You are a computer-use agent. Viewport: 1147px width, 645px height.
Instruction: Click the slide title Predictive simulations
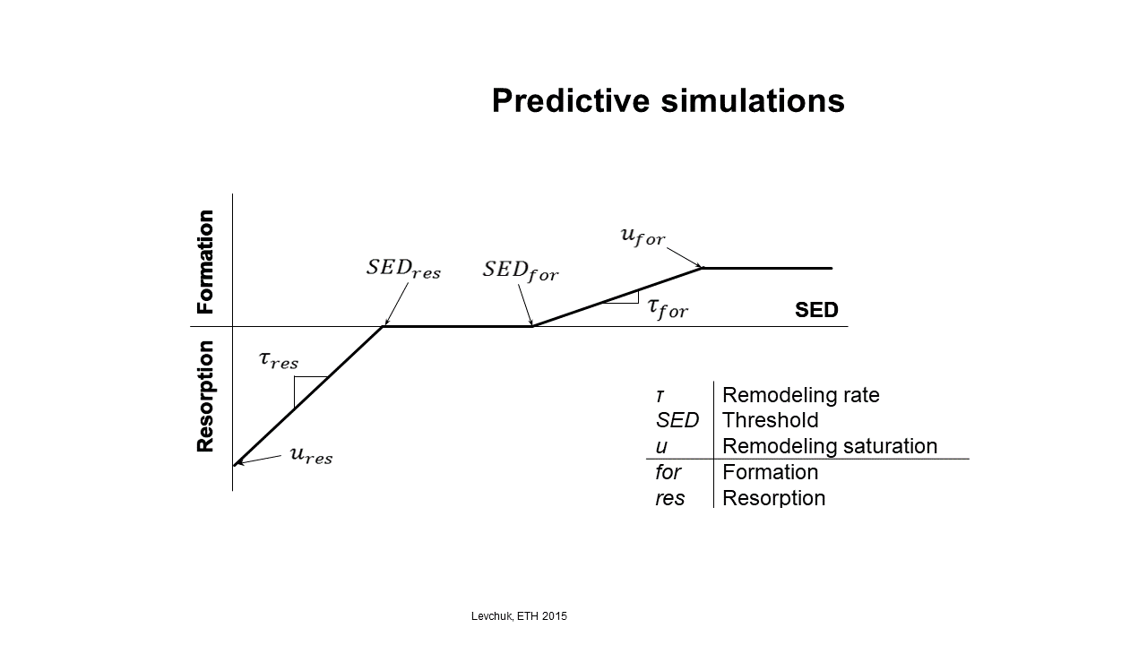[668, 100]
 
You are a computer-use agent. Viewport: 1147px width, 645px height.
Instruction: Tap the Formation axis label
[205, 262]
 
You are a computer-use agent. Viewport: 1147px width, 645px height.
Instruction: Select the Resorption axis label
[205, 396]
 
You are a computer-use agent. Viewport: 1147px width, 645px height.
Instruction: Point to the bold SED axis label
[816, 310]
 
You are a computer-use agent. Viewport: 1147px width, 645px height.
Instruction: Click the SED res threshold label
[403, 269]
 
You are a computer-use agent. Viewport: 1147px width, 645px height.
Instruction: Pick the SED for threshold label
[521, 271]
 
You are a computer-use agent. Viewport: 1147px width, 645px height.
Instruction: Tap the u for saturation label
[642, 236]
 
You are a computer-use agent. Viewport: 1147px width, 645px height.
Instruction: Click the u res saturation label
[311, 455]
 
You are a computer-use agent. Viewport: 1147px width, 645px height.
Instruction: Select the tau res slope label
[279, 360]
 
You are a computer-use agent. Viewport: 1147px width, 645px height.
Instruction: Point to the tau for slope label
[668, 308]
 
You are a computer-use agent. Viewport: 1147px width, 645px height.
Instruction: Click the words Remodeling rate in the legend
[801, 395]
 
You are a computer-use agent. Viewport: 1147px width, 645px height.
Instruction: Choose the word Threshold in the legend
[770, 420]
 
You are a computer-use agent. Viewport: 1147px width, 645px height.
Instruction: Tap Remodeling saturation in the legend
[830, 446]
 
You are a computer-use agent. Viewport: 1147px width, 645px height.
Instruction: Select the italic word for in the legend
[668, 472]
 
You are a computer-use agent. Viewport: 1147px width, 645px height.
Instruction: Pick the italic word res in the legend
[669, 499]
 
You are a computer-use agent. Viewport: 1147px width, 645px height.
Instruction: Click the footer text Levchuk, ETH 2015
[519, 616]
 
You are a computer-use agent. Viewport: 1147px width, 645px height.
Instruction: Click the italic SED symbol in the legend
[677, 420]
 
